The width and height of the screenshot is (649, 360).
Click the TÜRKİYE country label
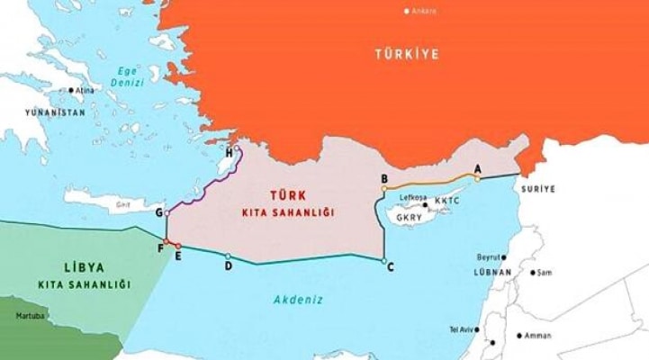pyautogui.click(x=407, y=55)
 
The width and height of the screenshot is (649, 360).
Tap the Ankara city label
pyautogui.click(x=424, y=11)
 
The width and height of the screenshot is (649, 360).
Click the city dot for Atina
pyautogui.click(x=71, y=90)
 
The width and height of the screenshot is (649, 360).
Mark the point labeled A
pyautogui.click(x=477, y=178)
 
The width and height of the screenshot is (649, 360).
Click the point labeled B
pyautogui.click(x=384, y=189)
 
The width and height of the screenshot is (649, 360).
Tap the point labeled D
pyautogui.click(x=229, y=256)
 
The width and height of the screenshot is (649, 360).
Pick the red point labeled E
pyautogui.click(x=178, y=246)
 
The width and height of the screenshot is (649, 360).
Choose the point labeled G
pyautogui.click(x=167, y=213)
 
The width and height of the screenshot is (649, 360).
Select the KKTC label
pyautogui.click(x=447, y=201)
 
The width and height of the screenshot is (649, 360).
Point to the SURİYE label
pyautogui.click(x=537, y=190)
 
